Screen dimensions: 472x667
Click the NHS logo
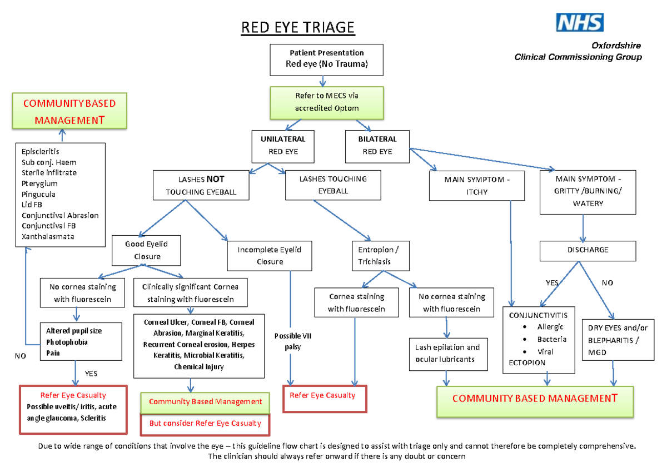[580, 23]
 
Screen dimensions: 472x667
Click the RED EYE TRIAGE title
[297, 27]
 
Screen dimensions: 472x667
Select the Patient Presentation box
[326, 59]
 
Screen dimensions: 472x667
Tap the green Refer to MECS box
[326, 102]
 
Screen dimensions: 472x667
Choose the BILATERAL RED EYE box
[377, 145]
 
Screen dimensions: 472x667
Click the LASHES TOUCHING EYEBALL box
[333, 185]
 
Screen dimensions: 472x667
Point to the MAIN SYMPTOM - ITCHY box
[477, 186]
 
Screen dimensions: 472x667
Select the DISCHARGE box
[588, 250]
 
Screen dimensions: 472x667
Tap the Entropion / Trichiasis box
[375, 255]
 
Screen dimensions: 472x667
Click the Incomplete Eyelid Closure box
[269, 256]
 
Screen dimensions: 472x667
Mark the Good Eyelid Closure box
[147, 250]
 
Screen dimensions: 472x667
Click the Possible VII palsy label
[292, 341]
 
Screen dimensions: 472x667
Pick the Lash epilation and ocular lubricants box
[447, 354]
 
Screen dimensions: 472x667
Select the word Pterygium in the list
[39, 183]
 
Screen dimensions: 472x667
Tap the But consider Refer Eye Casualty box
[205, 424]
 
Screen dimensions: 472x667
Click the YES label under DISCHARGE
[551, 283]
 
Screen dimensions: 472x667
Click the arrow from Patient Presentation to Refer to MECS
[322, 81]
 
